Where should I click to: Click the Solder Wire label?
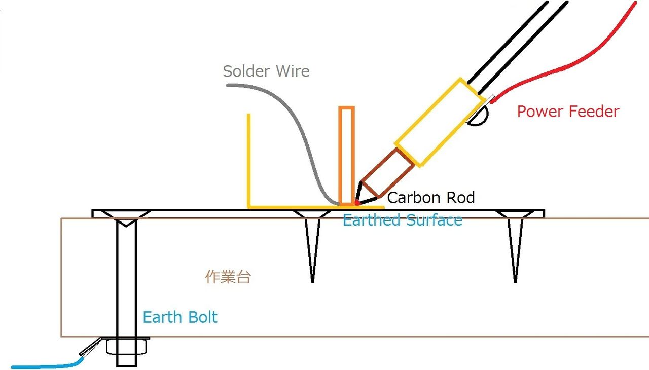266,71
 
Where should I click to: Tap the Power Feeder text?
568,112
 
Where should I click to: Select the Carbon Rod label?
431,197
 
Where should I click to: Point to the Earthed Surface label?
402,220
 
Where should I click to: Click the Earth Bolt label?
180,317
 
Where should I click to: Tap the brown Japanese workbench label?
228,277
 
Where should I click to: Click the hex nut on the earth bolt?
126,347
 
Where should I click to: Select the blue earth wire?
46,365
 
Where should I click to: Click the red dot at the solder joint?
357,203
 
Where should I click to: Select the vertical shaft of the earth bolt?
126,279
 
